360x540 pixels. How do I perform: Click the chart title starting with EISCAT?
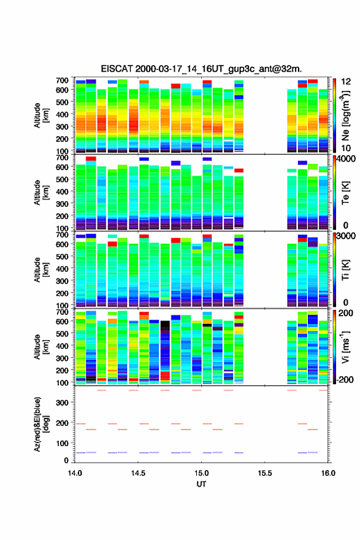[x=201, y=69]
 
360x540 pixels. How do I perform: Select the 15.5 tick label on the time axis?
[x=265, y=473]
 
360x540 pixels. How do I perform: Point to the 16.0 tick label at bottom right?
[x=328, y=473]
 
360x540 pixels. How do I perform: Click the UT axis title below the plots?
[x=201, y=484]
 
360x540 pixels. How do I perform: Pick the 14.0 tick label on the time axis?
[x=75, y=473]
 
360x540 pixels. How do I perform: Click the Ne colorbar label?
[x=346, y=116]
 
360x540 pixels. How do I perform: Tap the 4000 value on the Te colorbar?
[x=346, y=159]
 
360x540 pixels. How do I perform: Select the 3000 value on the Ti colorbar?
[x=346, y=236]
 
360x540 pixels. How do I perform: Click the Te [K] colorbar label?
[x=345, y=193]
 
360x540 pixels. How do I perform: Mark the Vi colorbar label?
[x=345, y=347]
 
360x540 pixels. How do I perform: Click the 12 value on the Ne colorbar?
[x=346, y=82]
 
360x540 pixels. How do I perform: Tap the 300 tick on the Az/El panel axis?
[x=62, y=403]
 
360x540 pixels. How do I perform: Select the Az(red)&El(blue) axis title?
[x=41, y=424]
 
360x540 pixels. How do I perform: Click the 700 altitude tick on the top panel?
[x=62, y=80]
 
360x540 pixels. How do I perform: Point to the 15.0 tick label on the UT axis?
[x=201, y=473]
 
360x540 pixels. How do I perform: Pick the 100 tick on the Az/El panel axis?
[x=62, y=443]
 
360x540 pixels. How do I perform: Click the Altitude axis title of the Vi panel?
[x=41, y=347]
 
